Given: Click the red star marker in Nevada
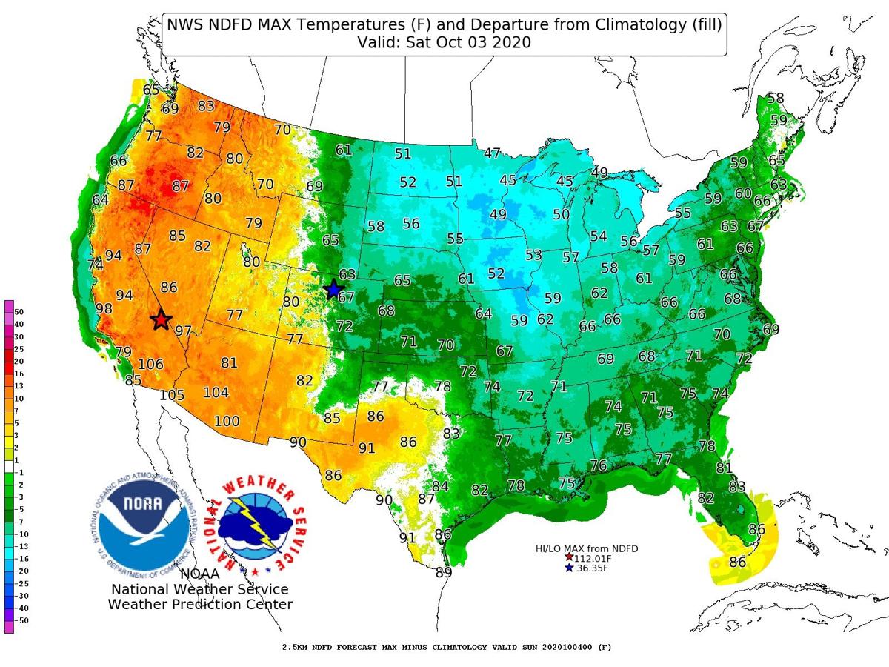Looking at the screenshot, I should click(161, 319).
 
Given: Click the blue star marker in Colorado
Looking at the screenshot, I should click(333, 290).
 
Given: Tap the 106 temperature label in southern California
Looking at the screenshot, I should click(150, 364).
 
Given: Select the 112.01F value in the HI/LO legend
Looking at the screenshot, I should click(591, 557).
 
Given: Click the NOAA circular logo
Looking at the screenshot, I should click(143, 523).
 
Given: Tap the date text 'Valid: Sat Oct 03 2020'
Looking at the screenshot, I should click(443, 43).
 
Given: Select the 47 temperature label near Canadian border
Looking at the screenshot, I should click(493, 153).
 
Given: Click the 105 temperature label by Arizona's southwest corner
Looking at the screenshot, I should click(172, 394).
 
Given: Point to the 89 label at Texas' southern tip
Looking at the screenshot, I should click(443, 571).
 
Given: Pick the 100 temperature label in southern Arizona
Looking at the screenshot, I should click(227, 422).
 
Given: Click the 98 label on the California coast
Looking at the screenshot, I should click(104, 308).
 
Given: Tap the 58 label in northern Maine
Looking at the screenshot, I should click(776, 98).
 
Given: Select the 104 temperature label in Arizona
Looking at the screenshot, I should click(216, 393).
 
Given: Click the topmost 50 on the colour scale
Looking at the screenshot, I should click(19, 312).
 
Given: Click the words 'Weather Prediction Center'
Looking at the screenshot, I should click(200, 604).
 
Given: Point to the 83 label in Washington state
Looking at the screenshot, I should click(206, 106).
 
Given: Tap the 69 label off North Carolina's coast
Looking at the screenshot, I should click(771, 328).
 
